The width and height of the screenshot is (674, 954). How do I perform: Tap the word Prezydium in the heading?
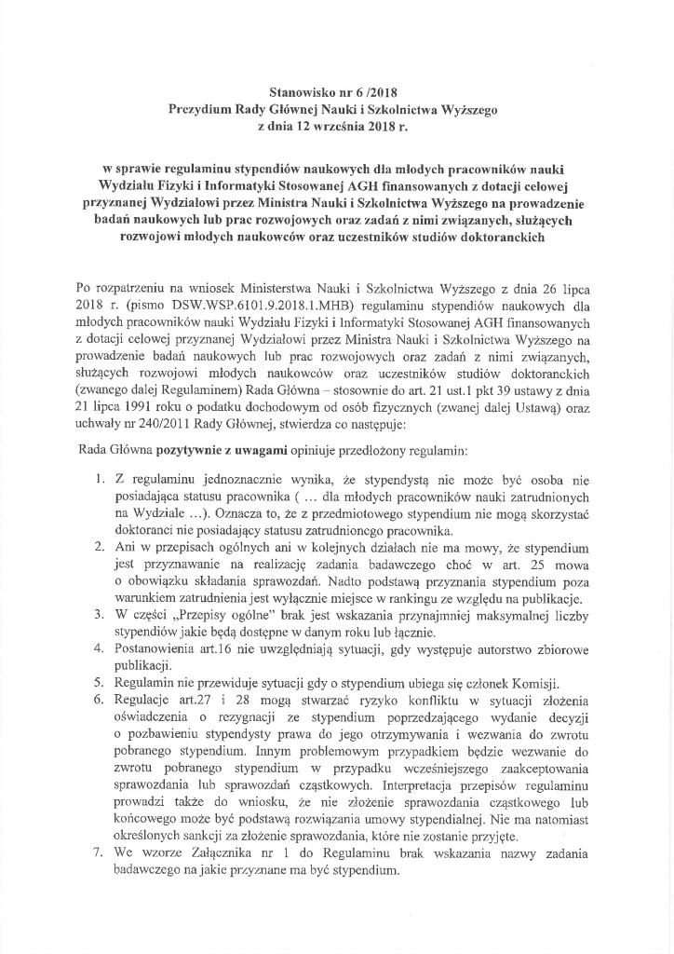pos(199,109)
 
